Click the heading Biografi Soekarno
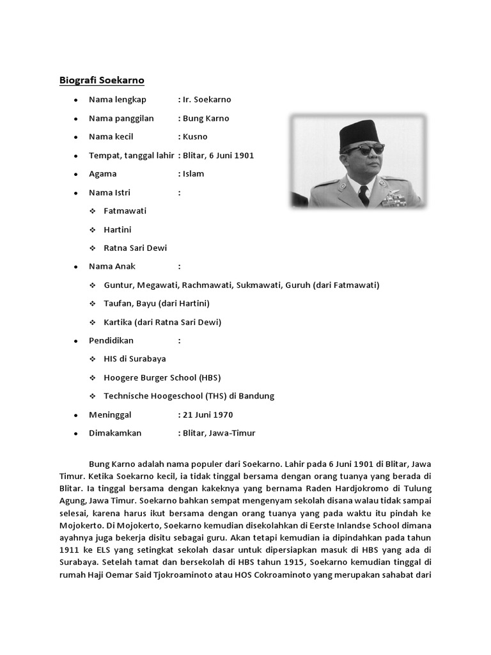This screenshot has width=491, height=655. click(x=102, y=80)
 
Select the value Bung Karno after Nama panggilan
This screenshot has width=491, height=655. click(x=206, y=118)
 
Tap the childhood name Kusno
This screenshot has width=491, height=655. click(x=195, y=137)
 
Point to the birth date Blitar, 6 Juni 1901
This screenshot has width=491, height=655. click(x=218, y=155)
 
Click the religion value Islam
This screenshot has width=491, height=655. click(x=193, y=174)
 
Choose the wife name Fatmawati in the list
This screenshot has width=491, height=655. click(x=125, y=211)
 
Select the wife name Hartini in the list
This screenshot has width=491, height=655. click(x=118, y=230)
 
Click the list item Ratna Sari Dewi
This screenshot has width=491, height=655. click(x=136, y=248)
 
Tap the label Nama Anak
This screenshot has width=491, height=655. click(x=113, y=267)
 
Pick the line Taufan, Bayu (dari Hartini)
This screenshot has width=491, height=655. click(x=157, y=303)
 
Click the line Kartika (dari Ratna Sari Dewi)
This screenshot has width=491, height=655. click(x=163, y=322)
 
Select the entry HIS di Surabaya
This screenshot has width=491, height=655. click(x=135, y=359)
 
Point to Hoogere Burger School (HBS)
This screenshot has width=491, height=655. click(x=162, y=377)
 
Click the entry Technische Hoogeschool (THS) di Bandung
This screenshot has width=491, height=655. click(x=189, y=396)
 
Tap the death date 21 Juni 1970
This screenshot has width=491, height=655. click(x=208, y=414)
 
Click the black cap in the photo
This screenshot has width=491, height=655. click(x=359, y=133)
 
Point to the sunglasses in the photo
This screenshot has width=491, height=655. click(x=363, y=149)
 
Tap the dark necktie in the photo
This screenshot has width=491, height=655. click(x=364, y=194)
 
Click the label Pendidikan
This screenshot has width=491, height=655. click(x=111, y=340)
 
